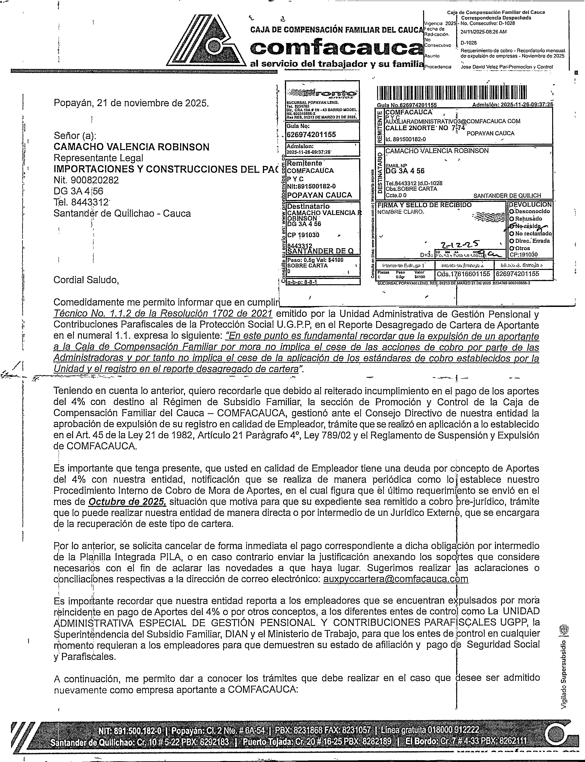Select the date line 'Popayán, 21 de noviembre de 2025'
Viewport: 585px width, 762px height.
click(132, 103)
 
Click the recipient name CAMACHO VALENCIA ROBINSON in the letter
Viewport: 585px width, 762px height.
click(131, 147)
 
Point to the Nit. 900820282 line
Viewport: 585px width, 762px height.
click(86, 180)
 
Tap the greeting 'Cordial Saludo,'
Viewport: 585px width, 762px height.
click(86, 280)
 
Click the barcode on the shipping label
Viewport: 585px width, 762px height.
click(452, 93)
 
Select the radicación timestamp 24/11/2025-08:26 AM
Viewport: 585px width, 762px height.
click(483, 32)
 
